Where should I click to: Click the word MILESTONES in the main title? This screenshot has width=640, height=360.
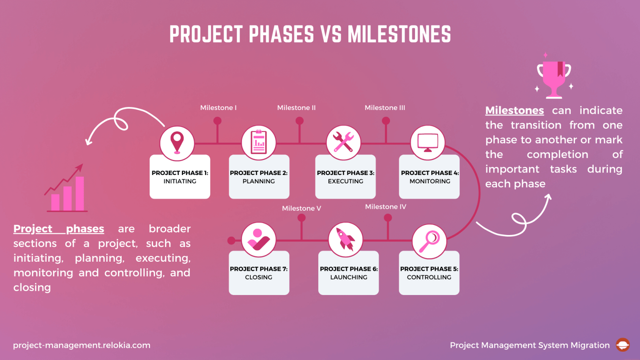[399, 35]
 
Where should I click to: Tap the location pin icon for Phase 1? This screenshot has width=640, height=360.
[177, 143]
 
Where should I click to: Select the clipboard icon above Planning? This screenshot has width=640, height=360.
[259, 142]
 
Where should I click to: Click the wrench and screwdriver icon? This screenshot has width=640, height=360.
[343, 142]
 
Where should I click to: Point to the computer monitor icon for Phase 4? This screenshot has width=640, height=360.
[427, 142]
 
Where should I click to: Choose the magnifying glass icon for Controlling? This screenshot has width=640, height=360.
[429, 241]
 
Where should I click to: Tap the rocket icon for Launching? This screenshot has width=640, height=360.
[345, 240]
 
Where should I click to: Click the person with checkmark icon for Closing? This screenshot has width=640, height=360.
[258, 240]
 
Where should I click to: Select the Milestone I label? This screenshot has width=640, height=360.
[218, 108]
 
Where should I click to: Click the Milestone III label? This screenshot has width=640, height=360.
[385, 108]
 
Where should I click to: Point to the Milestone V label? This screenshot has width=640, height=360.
[301, 208]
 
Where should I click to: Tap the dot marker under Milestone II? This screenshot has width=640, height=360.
[300, 121]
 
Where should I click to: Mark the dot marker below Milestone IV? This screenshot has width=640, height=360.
[388, 217]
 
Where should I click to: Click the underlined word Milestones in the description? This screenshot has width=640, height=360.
[515, 110]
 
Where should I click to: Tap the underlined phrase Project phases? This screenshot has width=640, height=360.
[59, 229]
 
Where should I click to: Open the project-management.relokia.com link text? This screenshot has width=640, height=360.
[82, 345]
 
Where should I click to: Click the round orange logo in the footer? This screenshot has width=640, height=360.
[622, 345]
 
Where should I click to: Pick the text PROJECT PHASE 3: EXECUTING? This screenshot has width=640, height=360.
[345, 177]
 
